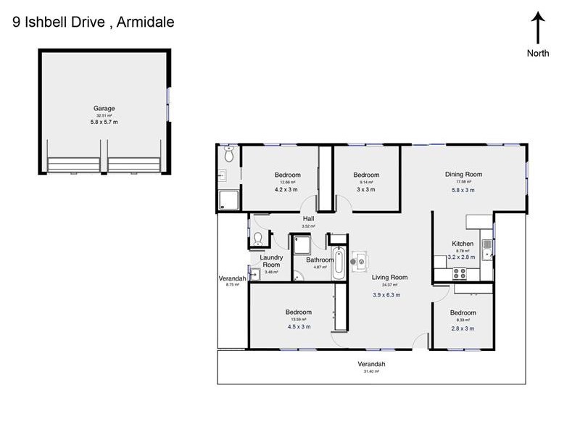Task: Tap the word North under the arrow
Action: pyautogui.click(x=538, y=53)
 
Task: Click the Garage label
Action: pyautogui.click(x=104, y=108)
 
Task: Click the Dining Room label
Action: pyautogui.click(x=463, y=174)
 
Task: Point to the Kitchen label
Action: pyautogui.click(x=463, y=244)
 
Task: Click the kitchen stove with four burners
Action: pyautogui.click(x=459, y=273)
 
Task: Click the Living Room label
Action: pyautogui.click(x=390, y=277)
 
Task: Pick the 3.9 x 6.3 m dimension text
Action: pyautogui.click(x=386, y=295)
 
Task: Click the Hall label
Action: pyautogui.click(x=308, y=218)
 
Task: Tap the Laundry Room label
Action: pyautogui.click(x=271, y=261)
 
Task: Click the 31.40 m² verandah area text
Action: pyautogui.click(x=370, y=371)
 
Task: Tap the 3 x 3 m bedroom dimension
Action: pyautogui.click(x=366, y=190)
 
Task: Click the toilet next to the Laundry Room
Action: pyautogui.click(x=259, y=240)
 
